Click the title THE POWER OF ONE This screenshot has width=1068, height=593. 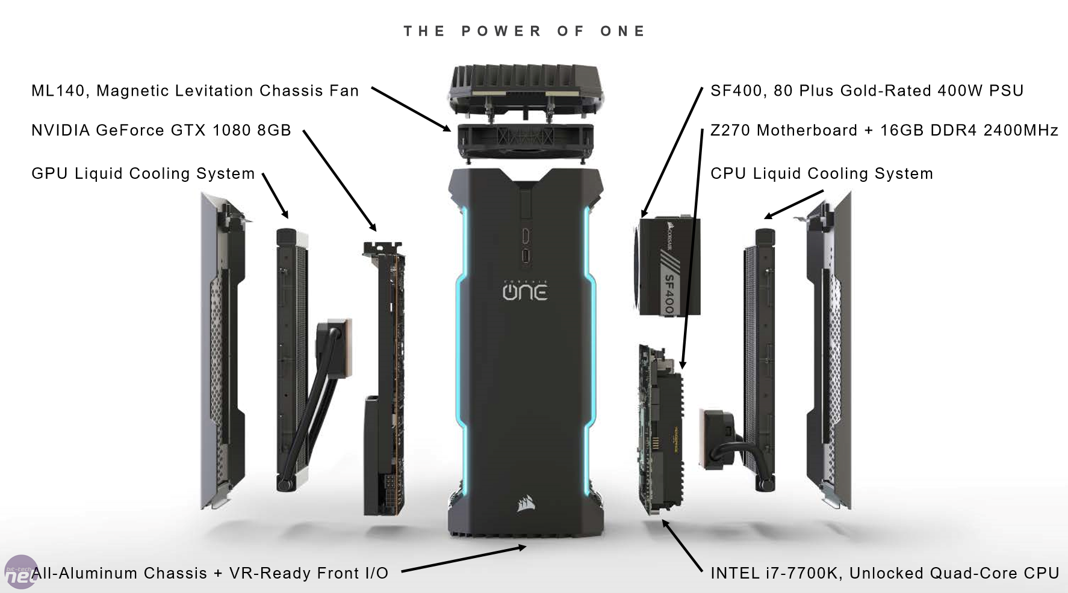(x=524, y=31)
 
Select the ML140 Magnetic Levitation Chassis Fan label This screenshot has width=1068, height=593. (x=195, y=91)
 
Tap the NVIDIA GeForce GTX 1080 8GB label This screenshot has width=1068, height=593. (x=161, y=130)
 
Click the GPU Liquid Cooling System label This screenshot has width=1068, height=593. (x=143, y=173)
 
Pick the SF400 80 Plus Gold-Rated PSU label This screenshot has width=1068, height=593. (x=867, y=91)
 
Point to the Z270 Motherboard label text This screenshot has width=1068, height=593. (x=884, y=130)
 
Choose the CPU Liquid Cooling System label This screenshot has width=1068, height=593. (x=822, y=173)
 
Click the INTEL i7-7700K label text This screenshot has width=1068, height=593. (x=885, y=573)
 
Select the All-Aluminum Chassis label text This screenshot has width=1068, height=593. (x=210, y=573)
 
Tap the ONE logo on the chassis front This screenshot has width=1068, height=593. (x=525, y=291)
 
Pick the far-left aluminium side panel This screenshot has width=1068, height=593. (x=223, y=352)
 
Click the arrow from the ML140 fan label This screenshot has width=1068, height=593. (x=411, y=109)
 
